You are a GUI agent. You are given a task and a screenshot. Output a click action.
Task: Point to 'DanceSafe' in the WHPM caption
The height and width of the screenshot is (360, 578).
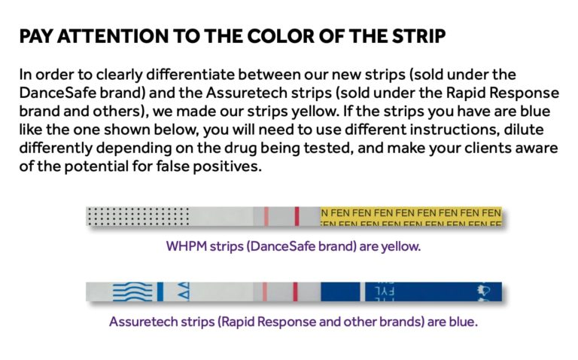coord(273,246)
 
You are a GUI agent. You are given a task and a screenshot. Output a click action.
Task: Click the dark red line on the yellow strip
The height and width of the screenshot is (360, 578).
coord(296,217)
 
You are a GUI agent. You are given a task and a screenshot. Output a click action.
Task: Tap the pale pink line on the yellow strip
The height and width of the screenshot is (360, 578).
coord(265,217)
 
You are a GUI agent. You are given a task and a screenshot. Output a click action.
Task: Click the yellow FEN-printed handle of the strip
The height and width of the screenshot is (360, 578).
coord(411,217)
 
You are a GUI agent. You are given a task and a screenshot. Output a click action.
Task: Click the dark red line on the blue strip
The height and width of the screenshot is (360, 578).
coord(295,292)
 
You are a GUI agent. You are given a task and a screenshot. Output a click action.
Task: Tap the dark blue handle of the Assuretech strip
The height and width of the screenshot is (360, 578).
coord(410,292)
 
